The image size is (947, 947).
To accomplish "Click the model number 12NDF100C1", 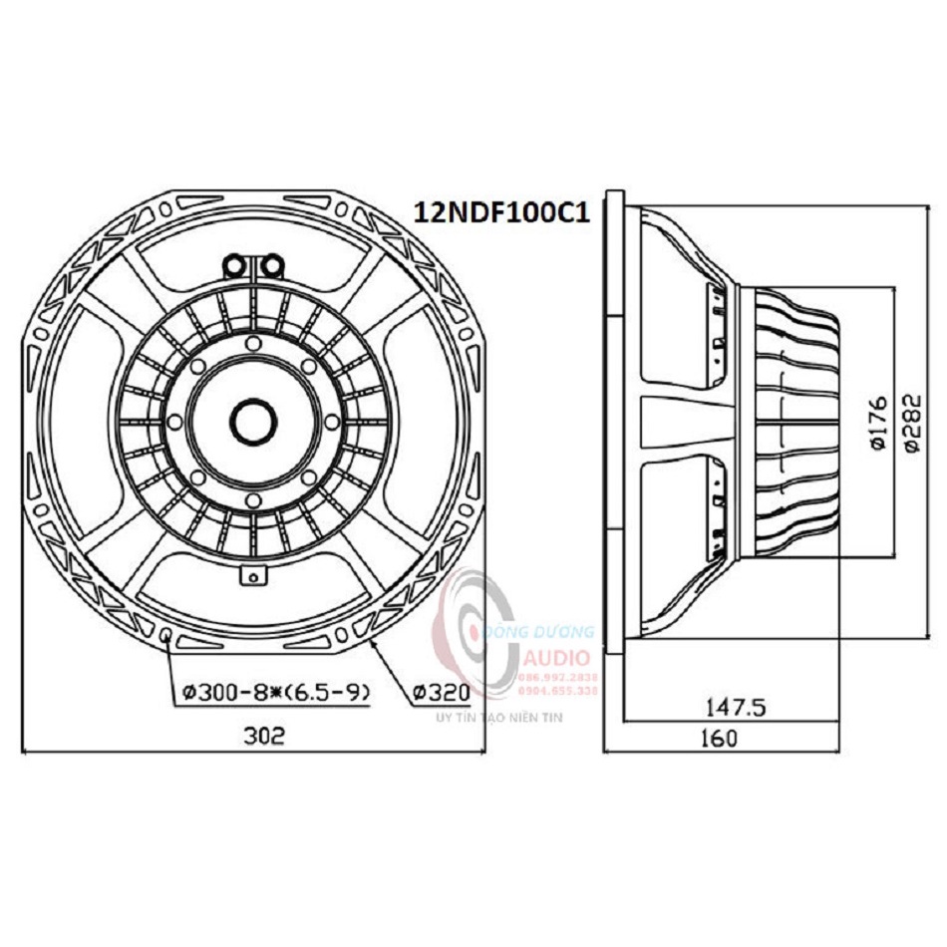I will [x=501, y=213].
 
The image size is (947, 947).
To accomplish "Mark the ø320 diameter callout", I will [x=438, y=691].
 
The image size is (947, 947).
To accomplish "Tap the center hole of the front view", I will [x=250, y=419].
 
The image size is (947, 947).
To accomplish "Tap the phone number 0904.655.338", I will [x=558, y=690].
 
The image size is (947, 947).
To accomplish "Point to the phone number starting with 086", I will [x=558, y=676].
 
